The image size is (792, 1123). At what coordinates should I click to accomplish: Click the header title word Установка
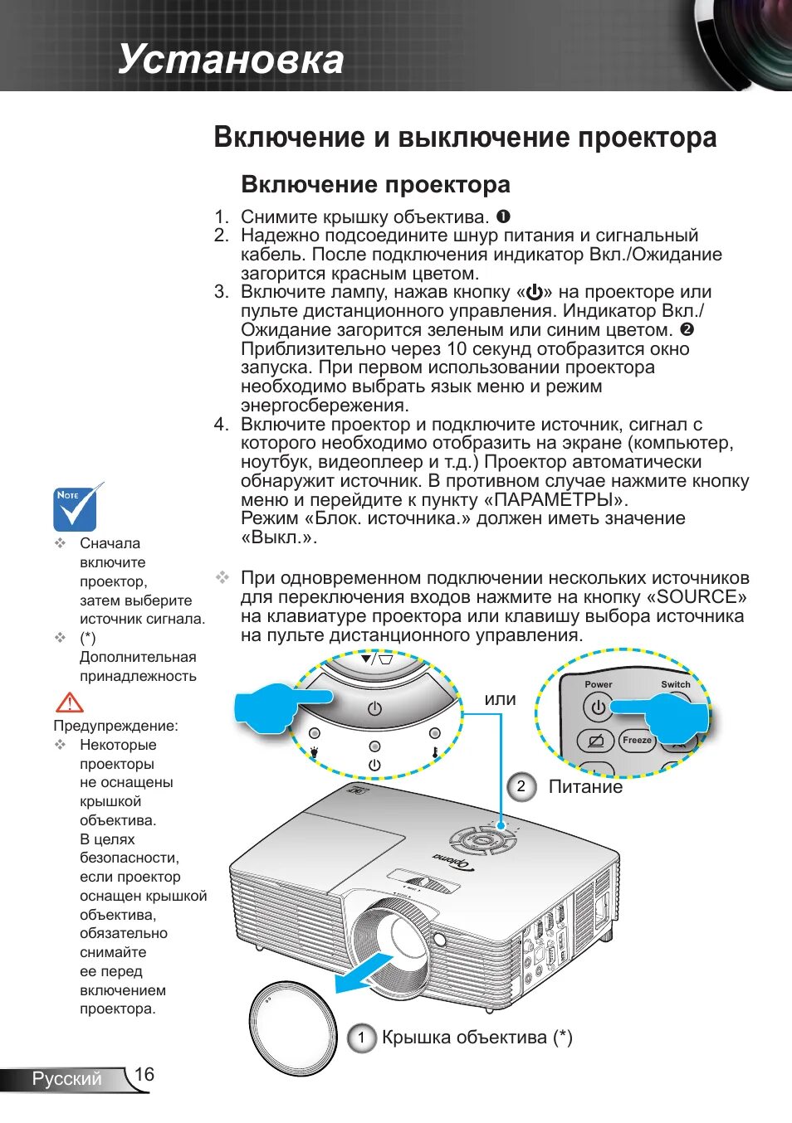[x=231, y=60]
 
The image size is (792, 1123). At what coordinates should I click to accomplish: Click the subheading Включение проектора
[x=375, y=184]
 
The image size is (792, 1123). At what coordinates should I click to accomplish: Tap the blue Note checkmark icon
[x=76, y=508]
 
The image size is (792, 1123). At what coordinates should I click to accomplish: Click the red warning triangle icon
[x=70, y=702]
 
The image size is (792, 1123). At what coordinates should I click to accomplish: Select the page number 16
[x=144, y=1074]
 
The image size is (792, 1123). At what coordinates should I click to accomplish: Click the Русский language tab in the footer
[x=66, y=1078]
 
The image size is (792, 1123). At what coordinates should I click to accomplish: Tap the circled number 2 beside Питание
[x=521, y=786]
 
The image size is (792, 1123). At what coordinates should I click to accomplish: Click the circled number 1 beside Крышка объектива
[x=361, y=1038]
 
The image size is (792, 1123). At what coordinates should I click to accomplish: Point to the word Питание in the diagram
[x=585, y=787]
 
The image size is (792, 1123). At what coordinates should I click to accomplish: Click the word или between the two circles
[x=500, y=699]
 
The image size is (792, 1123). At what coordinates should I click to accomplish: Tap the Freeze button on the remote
[x=637, y=740]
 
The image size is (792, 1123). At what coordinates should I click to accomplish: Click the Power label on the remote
[x=598, y=684]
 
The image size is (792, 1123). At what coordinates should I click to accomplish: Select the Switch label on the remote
[x=676, y=684]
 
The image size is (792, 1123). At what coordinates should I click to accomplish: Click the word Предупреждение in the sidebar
[x=115, y=726]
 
